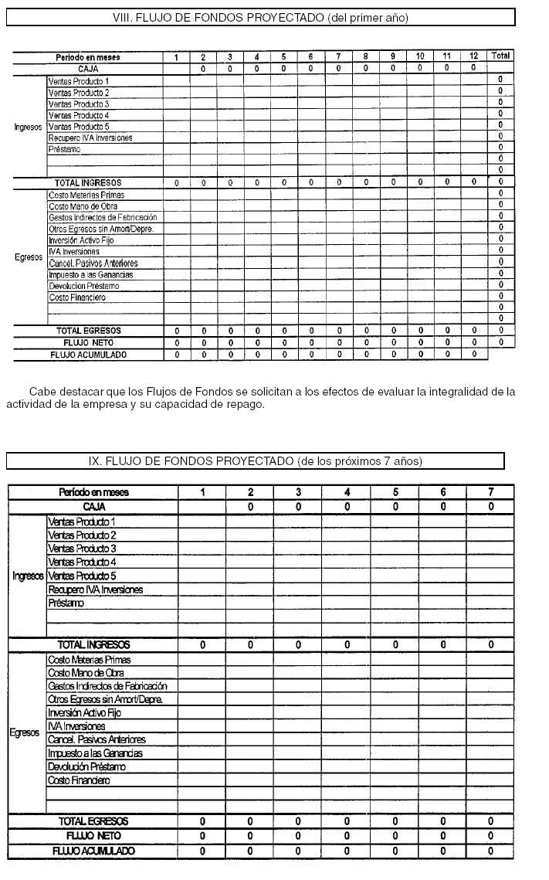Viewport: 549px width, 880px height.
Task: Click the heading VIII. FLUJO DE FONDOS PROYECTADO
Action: pyautogui.click(x=259, y=17)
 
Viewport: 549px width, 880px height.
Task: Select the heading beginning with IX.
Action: pyautogui.click(x=256, y=461)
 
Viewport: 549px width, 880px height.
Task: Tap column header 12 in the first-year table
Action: pyautogui.click(x=474, y=57)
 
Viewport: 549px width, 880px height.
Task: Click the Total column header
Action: pyautogui.click(x=501, y=56)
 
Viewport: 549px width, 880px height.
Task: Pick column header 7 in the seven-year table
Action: pyautogui.click(x=490, y=492)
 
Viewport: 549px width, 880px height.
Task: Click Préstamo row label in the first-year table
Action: pyautogui.click(x=64, y=149)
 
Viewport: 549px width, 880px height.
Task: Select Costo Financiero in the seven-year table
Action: pyautogui.click(x=78, y=780)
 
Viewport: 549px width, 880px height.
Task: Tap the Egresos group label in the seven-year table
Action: pyautogui.click(x=25, y=732)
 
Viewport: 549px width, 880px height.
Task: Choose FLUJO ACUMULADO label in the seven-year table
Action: pyautogui.click(x=93, y=851)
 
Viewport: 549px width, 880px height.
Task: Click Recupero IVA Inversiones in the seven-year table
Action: pyautogui.click(x=95, y=589)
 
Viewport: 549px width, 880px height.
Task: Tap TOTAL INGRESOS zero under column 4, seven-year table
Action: pyautogui.click(x=347, y=644)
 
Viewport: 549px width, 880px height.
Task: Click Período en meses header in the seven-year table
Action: pyautogui.click(x=93, y=492)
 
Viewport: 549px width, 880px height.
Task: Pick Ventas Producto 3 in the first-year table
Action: pyautogui.click(x=79, y=104)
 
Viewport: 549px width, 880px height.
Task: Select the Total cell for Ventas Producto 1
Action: pyautogui.click(x=501, y=80)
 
